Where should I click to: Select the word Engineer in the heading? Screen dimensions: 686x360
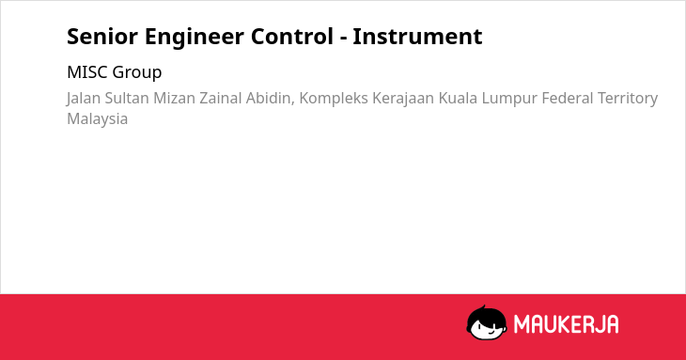coord(195,38)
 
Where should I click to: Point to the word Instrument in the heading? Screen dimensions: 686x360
coord(417,37)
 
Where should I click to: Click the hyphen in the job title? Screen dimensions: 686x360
coord(343,39)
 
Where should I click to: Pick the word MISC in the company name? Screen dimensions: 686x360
coord(87,72)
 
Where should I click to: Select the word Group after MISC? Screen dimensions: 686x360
coord(137,73)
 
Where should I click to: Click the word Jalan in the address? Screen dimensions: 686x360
coord(84,99)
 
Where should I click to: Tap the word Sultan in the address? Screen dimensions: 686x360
coord(127,98)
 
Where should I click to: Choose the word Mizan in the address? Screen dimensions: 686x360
coord(174,98)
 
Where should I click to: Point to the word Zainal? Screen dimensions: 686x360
coord(221,98)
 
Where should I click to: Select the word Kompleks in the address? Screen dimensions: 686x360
coord(334,99)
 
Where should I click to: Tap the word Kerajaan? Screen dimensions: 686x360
coord(403,99)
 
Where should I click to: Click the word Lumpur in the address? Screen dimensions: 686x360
coord(509,99)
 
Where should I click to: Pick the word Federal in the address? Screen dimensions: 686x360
coord(568,98)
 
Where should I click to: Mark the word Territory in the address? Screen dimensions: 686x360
coord(628,99)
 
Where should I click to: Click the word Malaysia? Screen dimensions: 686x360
coord(97,119)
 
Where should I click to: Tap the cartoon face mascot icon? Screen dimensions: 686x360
coord(487,322)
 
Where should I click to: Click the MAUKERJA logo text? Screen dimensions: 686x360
coord(566,324)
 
